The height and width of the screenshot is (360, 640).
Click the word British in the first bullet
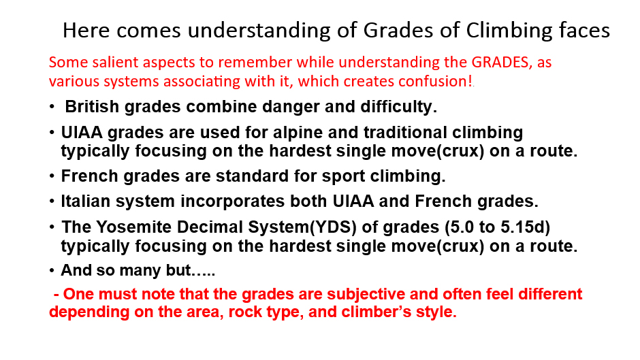tap(92, 107)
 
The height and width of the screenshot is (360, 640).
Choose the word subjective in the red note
tap(366, 294)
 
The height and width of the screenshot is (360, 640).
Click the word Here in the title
tap(86, 31)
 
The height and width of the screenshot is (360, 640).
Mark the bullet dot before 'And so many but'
tap(52, 271)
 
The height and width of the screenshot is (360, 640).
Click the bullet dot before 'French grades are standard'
tap(52, 176)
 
